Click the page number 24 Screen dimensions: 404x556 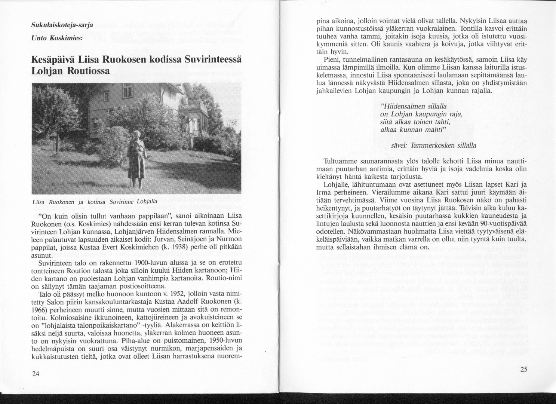click(36, 374)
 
